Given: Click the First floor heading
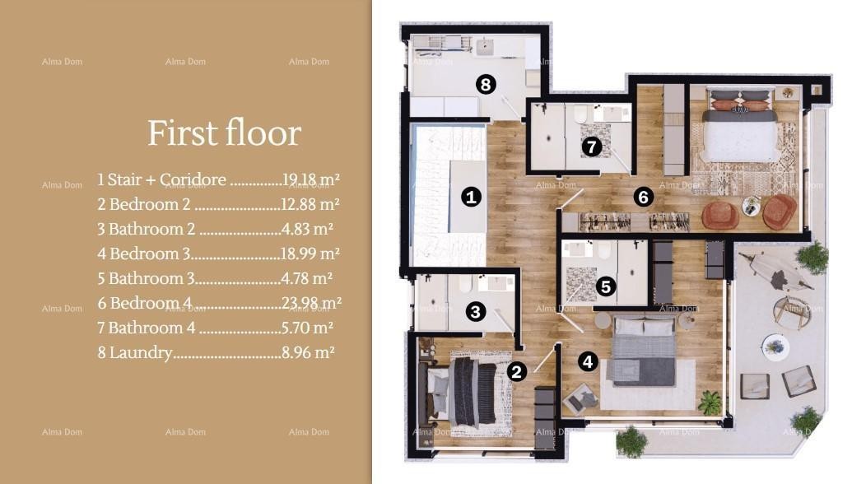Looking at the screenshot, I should (224, 133).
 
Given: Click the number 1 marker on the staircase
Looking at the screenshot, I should (471, 197).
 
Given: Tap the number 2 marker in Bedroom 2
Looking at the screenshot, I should (516, 371).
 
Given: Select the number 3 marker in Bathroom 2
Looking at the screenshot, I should (475, 311).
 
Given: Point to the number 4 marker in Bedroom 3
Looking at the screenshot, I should (586, 361).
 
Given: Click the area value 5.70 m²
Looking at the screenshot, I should (307, 328).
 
